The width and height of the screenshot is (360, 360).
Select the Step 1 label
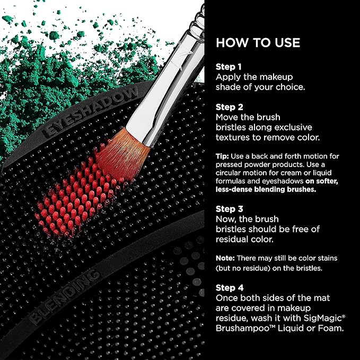(229, 67)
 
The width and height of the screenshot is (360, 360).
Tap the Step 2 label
(229, 107)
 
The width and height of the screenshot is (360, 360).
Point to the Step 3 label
(229, 208)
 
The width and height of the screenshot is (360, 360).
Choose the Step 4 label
(229, 288)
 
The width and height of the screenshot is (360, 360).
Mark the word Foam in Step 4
(332, 329)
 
